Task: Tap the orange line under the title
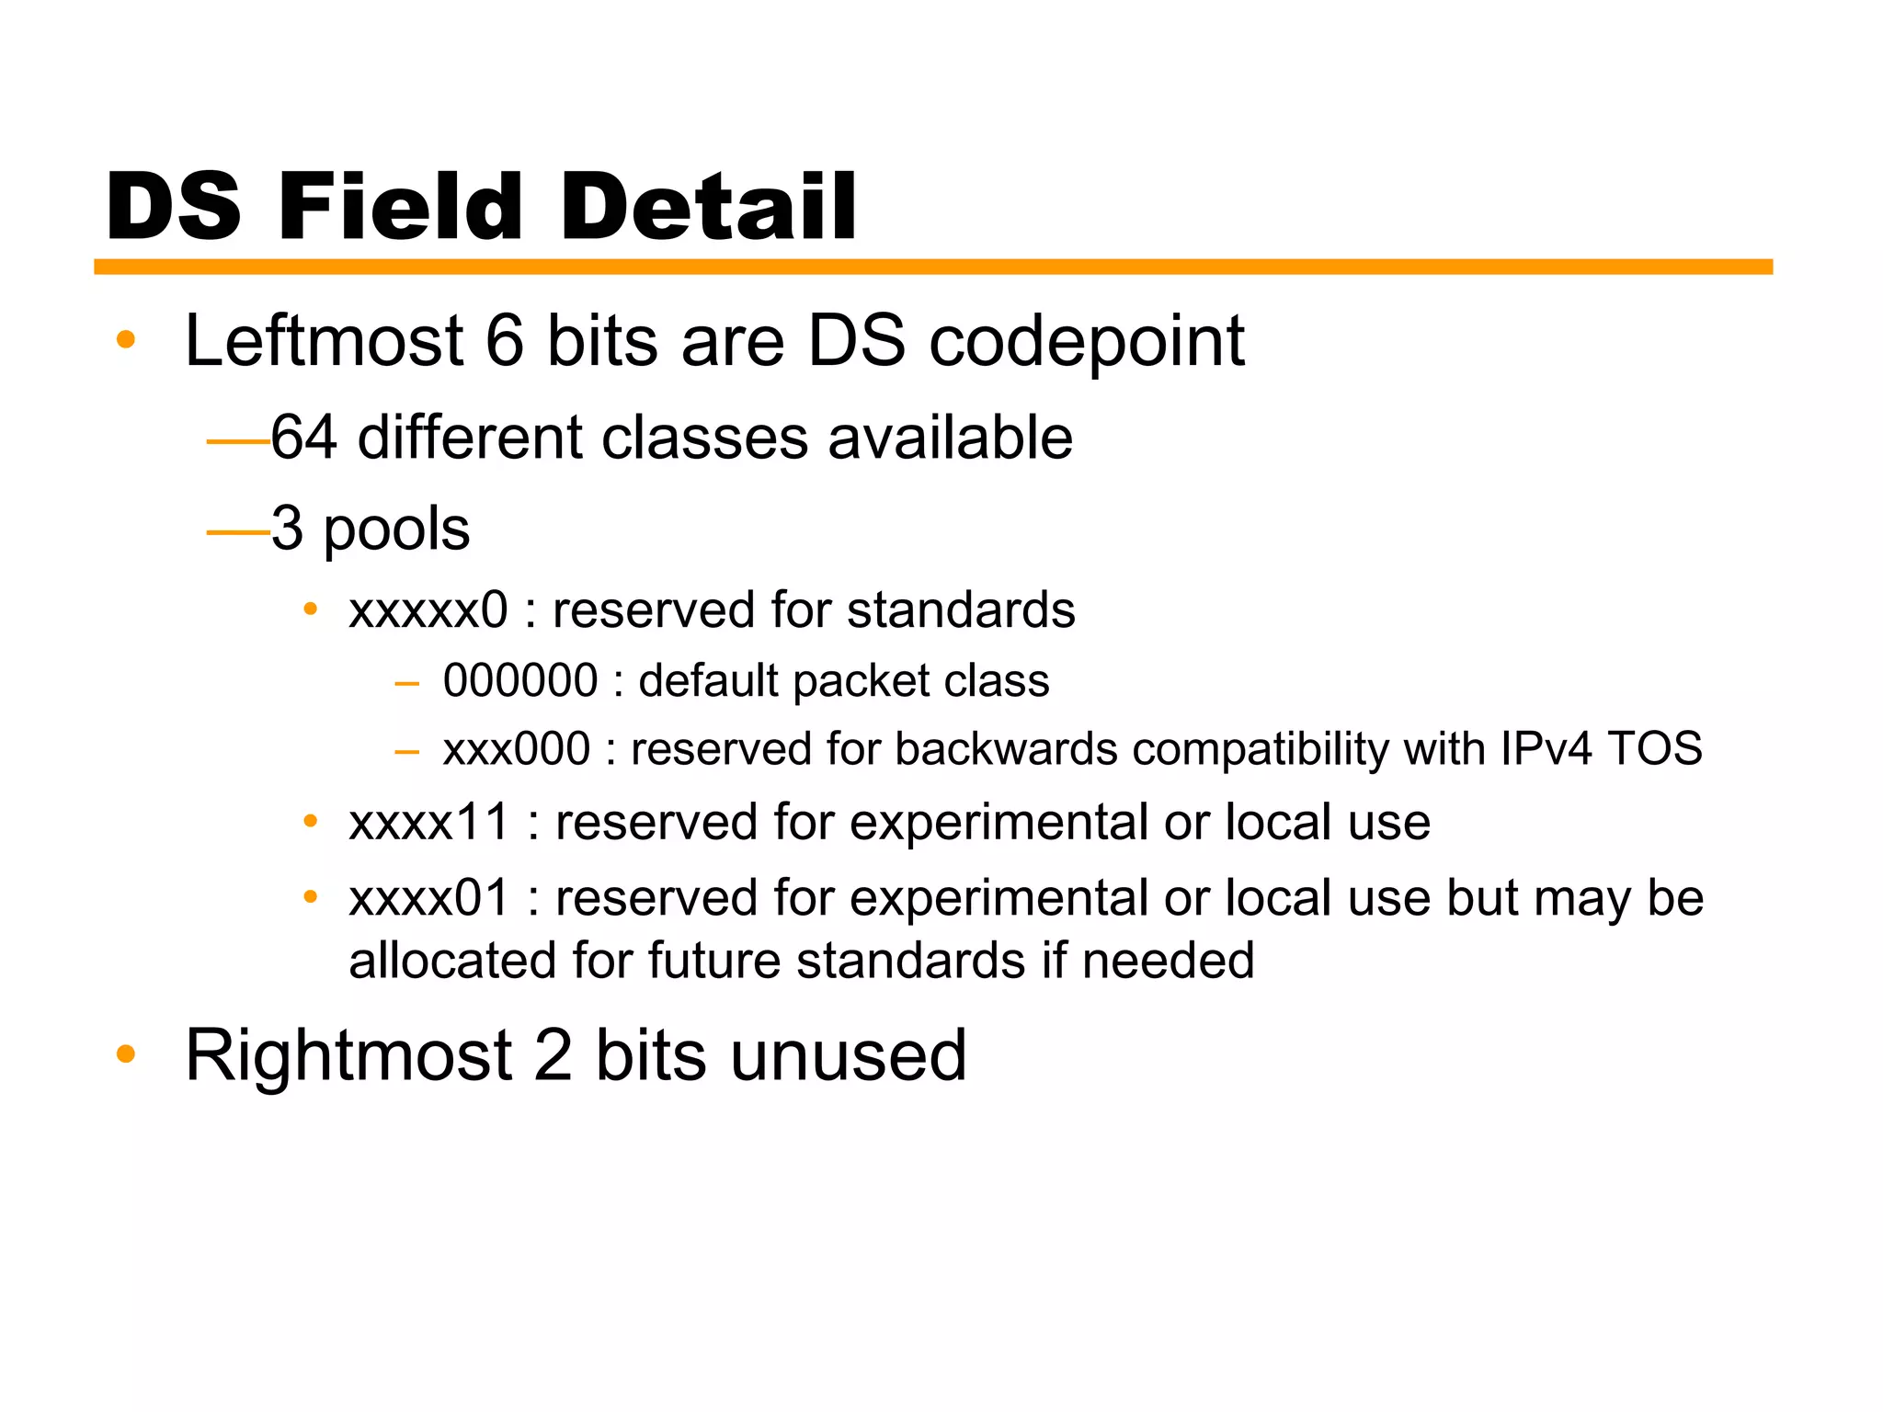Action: click(x=932, y=267)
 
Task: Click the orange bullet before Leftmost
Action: click(x=126, y=340)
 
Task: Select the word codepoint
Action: click(x=1086, y=343)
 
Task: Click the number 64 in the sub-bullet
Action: click(x=303, y=437)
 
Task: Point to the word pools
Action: click(x=396, y=530)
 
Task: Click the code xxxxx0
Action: click(x=428, y=610)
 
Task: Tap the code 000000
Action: click(x=520, y=681)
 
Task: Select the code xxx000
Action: click(x=516, y=748)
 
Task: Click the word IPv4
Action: click(x=1545, y=748)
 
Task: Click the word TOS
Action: click(x=1654, y=748)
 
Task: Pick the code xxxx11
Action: click(x=428, y=822)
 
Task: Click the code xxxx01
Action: click(x=428, y=898)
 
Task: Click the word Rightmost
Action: click(x=348, y=1055)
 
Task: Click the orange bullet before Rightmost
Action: click(x=126, y=1054)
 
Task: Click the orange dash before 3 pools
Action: click(x=237, y=532)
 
